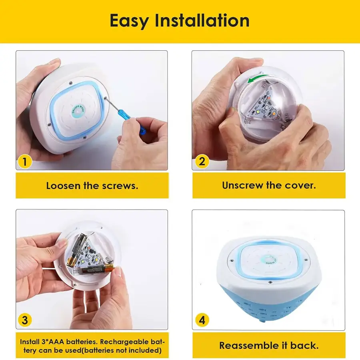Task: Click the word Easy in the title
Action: [x=129, y=21]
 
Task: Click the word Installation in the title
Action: [x=202, y=20]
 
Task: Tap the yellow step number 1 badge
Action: [x=24, y=162]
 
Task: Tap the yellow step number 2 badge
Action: [x=202, y=162]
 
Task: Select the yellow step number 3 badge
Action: [x=24, y=320]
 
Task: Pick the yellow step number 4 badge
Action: [x=202, y=320]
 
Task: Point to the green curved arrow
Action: [x=258, y=79]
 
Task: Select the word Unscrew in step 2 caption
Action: [x=242, y=185]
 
